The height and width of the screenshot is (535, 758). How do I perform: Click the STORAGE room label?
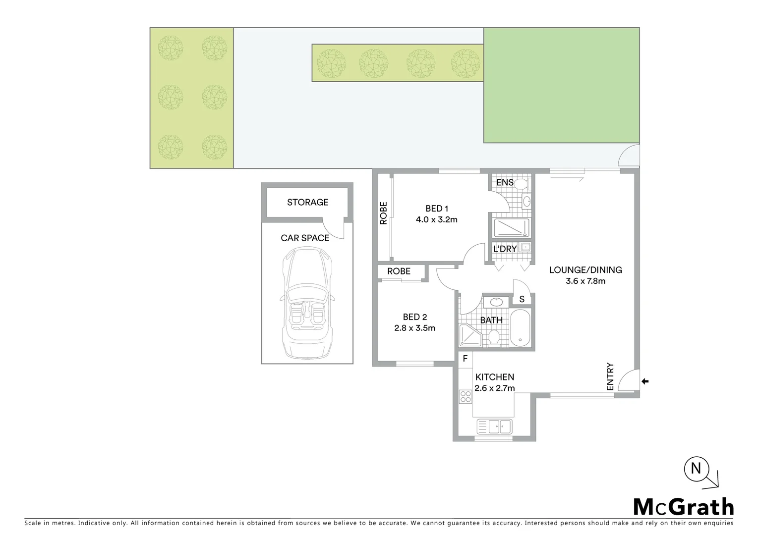point(307,202)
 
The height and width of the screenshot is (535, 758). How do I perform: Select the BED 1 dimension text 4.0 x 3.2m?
point(436,219)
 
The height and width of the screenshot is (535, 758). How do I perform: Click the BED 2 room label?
point(415,317)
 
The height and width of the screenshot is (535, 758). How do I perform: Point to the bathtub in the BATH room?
point(520,327)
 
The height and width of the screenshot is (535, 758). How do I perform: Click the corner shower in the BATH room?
point(468,335)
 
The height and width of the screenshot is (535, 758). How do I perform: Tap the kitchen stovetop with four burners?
point(466,396)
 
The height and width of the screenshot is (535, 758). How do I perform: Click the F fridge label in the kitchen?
point(465,358)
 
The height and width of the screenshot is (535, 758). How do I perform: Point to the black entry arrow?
point(644,381)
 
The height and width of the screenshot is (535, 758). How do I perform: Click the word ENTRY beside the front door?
point(610,376)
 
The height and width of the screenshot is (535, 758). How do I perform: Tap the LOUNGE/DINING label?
point(585,270)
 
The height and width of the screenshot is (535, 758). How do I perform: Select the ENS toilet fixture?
point(520,184)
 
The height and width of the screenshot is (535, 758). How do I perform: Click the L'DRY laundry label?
point(505,249)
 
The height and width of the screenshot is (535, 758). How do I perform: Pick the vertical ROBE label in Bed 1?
point(383,214)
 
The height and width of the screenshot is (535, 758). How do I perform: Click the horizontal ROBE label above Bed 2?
point(399,271)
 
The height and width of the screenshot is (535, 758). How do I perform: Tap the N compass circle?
point(696,468)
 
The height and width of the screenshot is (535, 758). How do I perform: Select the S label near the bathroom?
point(522,299)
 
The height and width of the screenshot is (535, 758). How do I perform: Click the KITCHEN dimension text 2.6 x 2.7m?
point(494,388)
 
